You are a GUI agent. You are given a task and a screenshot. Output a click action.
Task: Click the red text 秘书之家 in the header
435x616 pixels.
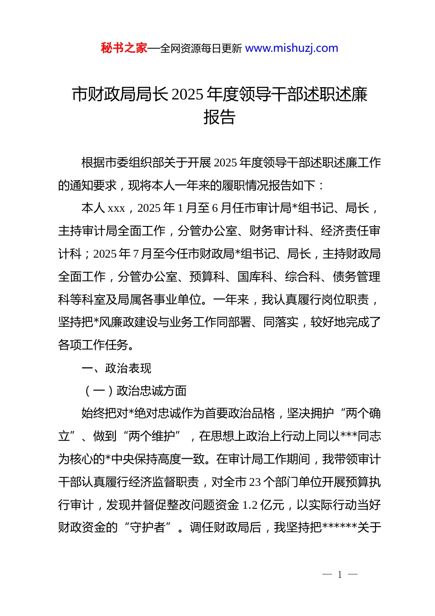124,48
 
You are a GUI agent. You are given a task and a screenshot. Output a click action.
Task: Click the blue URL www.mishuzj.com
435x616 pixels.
292,48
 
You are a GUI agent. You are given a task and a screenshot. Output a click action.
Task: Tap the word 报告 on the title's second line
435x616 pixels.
219,117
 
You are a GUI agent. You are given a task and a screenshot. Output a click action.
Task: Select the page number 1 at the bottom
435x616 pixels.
340,574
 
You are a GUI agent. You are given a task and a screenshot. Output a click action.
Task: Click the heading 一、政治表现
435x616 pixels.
116,368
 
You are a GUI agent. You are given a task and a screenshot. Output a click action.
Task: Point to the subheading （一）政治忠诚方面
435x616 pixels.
134,391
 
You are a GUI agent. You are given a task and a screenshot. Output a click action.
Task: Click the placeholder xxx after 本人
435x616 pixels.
116,209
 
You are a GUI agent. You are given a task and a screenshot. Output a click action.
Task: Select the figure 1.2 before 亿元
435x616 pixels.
250,505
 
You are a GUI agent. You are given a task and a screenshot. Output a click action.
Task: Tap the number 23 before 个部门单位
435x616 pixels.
255,482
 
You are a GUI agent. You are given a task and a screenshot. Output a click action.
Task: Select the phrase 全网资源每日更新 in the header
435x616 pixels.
201,49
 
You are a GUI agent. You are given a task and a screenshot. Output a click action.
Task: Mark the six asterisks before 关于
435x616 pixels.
339,528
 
